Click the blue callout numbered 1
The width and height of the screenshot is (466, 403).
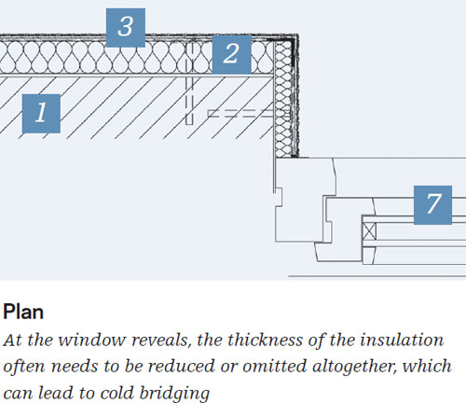[41, 114]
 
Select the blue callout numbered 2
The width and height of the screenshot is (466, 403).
[232, 54]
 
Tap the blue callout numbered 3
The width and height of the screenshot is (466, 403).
[126, 28]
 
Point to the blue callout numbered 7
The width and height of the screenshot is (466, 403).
[432, 205]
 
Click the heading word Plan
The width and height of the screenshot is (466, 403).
[23, 312]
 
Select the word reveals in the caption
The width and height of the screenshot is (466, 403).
[160, 340]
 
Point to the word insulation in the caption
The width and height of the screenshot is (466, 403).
[402, 340]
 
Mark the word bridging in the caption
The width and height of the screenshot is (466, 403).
[174, 394]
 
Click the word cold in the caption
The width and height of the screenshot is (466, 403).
[117, 394]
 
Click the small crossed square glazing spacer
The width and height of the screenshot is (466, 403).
[370, 231]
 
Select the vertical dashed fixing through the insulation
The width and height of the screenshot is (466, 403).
[189, 83]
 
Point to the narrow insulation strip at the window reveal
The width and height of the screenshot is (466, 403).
[283, 99]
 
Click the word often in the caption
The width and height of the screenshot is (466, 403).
[24, 366]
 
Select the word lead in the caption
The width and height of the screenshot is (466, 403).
[56, 393]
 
